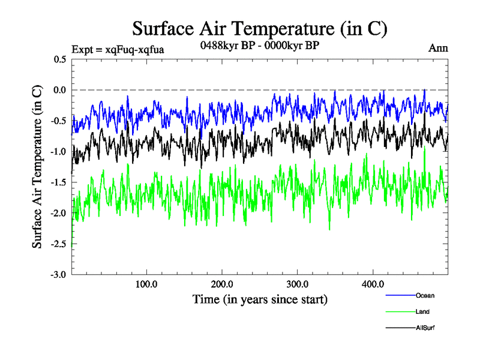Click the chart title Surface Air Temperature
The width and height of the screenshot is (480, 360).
click(x=259, y=29)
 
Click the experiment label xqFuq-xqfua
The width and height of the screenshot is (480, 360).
click(x=118, y=49)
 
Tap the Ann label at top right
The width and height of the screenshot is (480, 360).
click(x=438, y=49)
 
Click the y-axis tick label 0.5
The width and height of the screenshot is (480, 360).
click(x=60, y=59)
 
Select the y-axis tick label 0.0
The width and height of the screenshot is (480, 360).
click(x=60, y=90)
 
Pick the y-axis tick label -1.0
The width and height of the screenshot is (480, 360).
click(x=59, y=152)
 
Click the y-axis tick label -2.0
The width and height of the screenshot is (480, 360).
click(x=59, y=213)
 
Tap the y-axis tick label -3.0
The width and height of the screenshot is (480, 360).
click(x=59, y=275)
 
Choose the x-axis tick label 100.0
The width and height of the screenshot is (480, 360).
click(x=146, y=284)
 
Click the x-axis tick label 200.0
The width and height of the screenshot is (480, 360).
click(x=222, y=284)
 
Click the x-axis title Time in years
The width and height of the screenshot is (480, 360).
click(x=259, y=299)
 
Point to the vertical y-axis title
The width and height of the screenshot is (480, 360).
click(x=37, y=167)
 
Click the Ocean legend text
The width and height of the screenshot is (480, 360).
click(x=425, y=295)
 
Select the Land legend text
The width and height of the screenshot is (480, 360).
click(x=422, y=311)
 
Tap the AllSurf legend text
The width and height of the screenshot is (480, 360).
click(x=425, y=328)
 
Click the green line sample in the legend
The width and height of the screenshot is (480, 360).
click(x=400, y=311)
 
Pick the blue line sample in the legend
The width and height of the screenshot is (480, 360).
click(x=400, y=295)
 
